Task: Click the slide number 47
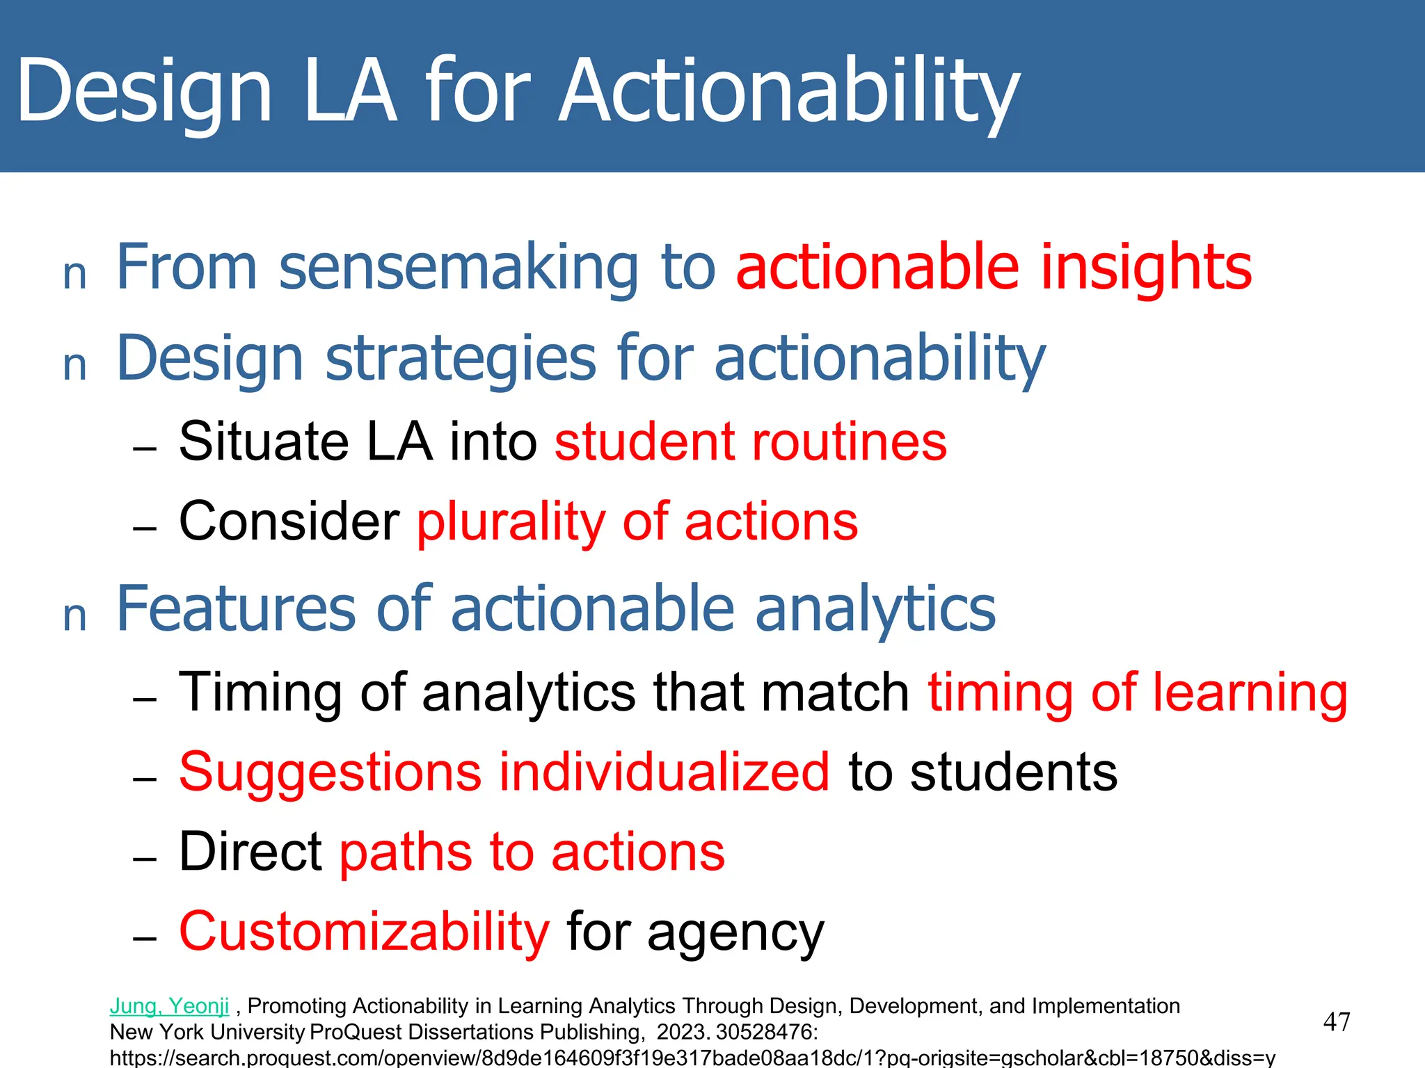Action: pos(1337,1022)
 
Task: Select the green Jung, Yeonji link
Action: pos(169,1006)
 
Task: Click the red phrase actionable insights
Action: pos(994,267)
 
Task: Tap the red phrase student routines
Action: pos(750,442)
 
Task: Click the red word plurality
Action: pos(511,522)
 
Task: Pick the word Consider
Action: pos(289,522)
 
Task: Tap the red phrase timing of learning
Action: pos(1138,693)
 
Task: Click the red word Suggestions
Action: pos(330,772)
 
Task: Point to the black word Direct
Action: pos(250,852)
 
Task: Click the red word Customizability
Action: pos(364,932)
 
